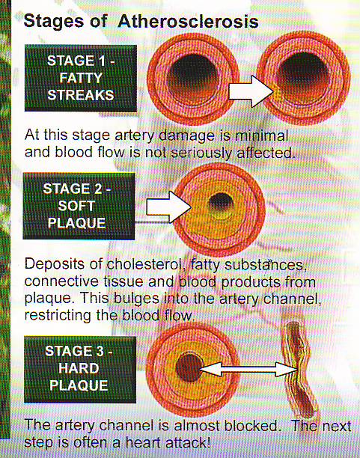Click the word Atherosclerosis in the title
tap(188, 22)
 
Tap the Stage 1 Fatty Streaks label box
tap(81, 78)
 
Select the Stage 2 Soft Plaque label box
tap(79, 206)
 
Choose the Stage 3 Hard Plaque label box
tap(80, 370)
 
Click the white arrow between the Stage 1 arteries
tap(251, 91)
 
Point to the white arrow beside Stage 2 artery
tap(169, 207)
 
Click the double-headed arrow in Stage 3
tap(248, 369)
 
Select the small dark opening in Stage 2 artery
tap(221, 203)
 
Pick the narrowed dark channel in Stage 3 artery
tap(189, 367)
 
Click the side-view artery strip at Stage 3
tap(299, 370)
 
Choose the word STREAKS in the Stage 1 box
tap(81, 95)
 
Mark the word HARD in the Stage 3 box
tap(79, 368)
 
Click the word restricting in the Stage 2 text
tap(58, 316)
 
